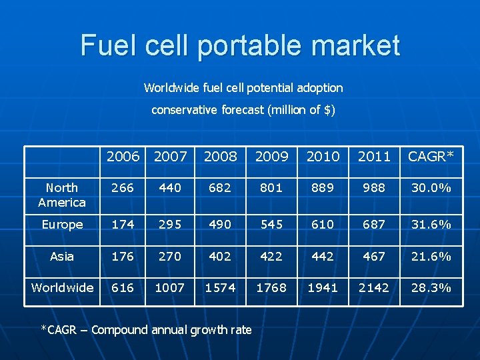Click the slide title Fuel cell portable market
click(x=240, y=45)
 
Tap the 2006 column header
click(x=123, y=157)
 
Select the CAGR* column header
click(x=431, y=157)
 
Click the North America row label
click(x=62, y=195)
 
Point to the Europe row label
click(x=62, y=225)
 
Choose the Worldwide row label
click(x=62, y=287)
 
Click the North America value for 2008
click(x=220, y=188)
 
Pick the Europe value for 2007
click(x=170, y=225)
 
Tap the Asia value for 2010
click(x=323, y=256)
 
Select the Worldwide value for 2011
click(x=374, y=287)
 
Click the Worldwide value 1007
click(x=170, y=287)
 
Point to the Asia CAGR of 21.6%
click(x=431, y=256)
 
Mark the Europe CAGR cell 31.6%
click(x=431, y=225)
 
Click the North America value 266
click(x=123, y=188)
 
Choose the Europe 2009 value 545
click(x=271, y=225)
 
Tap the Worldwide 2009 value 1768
click(x=271, y=287)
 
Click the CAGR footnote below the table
click(x=146, y=329)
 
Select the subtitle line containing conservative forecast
click(x=243, y=110)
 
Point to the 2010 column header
click(x=323, y=157)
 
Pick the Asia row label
click(x=62, y=256)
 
